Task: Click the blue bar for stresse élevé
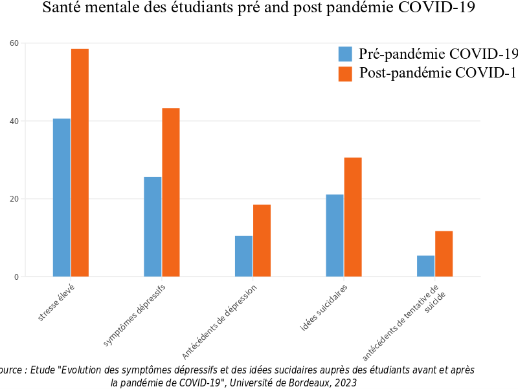[62, 198]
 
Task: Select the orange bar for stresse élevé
[80, 163]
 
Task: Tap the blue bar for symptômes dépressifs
[153, 227]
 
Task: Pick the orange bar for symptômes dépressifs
[171, 192]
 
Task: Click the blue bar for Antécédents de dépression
[243, 256]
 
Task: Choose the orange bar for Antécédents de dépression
[262, 240]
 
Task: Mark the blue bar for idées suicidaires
[335, 235]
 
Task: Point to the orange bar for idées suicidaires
[353, 217]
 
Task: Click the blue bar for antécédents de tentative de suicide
[425, 266]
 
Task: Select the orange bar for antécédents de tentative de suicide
[444, 254]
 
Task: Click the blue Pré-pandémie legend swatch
[345, 54]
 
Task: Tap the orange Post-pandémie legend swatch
[345, 73]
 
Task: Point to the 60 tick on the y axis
[14, 43]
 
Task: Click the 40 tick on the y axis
[14, 121]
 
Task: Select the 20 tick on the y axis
[14, 199]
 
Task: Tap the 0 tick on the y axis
[16, 277]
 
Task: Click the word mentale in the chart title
[119, 8]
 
